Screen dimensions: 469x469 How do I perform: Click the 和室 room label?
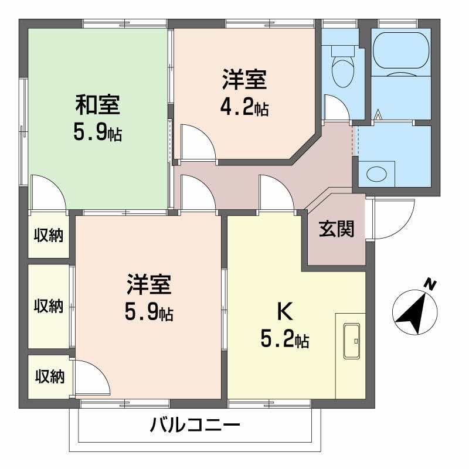pos(98,105)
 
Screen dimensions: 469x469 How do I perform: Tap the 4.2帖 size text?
pos(244,107)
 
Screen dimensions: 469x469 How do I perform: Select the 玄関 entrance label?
pos(337,229)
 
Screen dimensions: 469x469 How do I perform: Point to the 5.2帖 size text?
pos(286,339)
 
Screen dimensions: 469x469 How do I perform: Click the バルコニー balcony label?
pos(195,425)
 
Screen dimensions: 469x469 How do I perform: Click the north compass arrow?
pos(414,311)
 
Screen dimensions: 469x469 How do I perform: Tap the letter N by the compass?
pos(430,285)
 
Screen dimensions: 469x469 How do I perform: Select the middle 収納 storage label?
pos(48,306)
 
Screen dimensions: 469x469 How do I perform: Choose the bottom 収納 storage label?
pos(48,376)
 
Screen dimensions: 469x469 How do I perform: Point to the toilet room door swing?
pos(336,108)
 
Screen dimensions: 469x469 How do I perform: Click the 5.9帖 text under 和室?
pos(98,133)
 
